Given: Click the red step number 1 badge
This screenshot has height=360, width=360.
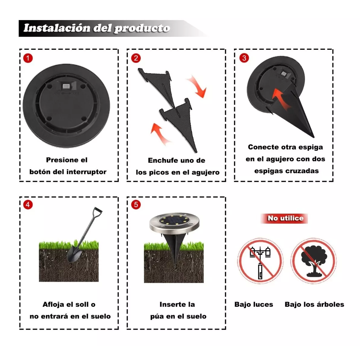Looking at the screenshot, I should coord(28,58).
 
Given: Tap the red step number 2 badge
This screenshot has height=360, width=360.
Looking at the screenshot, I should coord(136,58).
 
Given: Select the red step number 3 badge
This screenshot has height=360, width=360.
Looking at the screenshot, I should coord(244,58).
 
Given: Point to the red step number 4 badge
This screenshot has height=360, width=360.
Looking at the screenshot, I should coord(28,205).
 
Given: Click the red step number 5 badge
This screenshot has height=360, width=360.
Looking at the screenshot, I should coord(136,205).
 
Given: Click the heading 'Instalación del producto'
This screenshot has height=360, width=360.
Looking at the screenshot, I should coord(97,28).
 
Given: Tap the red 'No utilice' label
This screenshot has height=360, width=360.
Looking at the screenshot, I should coord(285,218).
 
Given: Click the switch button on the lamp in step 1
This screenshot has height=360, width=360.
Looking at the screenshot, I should coord(66,87).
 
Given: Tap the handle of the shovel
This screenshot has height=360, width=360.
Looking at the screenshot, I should coord(97,210).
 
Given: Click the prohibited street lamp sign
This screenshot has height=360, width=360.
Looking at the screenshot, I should coord(260,261).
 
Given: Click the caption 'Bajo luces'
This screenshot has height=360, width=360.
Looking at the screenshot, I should coord(254,304).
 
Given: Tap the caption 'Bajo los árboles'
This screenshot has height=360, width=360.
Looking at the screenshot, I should coord(314,304).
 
